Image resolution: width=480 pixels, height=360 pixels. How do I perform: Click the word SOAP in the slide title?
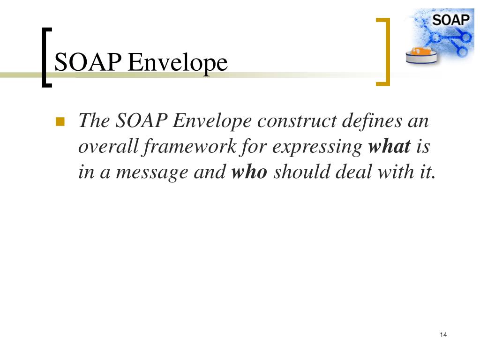pyautogui.click(x=88, y=62)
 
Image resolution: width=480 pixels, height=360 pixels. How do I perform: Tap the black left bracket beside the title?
pyautogui.click(x=45, y=57)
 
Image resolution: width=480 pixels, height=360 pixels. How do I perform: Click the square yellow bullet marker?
pyautogui.click(x=60, y=123)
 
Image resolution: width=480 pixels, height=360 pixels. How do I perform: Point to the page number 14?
pyautogui.click(x=443, y=335)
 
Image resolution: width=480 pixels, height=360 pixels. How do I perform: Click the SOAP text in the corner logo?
pyautogui.click(x=450, y=20)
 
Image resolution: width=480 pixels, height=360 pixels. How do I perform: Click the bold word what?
pyautogui.click(x=390, y=147)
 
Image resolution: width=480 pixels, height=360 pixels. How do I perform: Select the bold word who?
pyautogui.click(x=249, y=172)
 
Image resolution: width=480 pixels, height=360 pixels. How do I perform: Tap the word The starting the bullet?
pyautogui.click(x=94, y=122)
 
